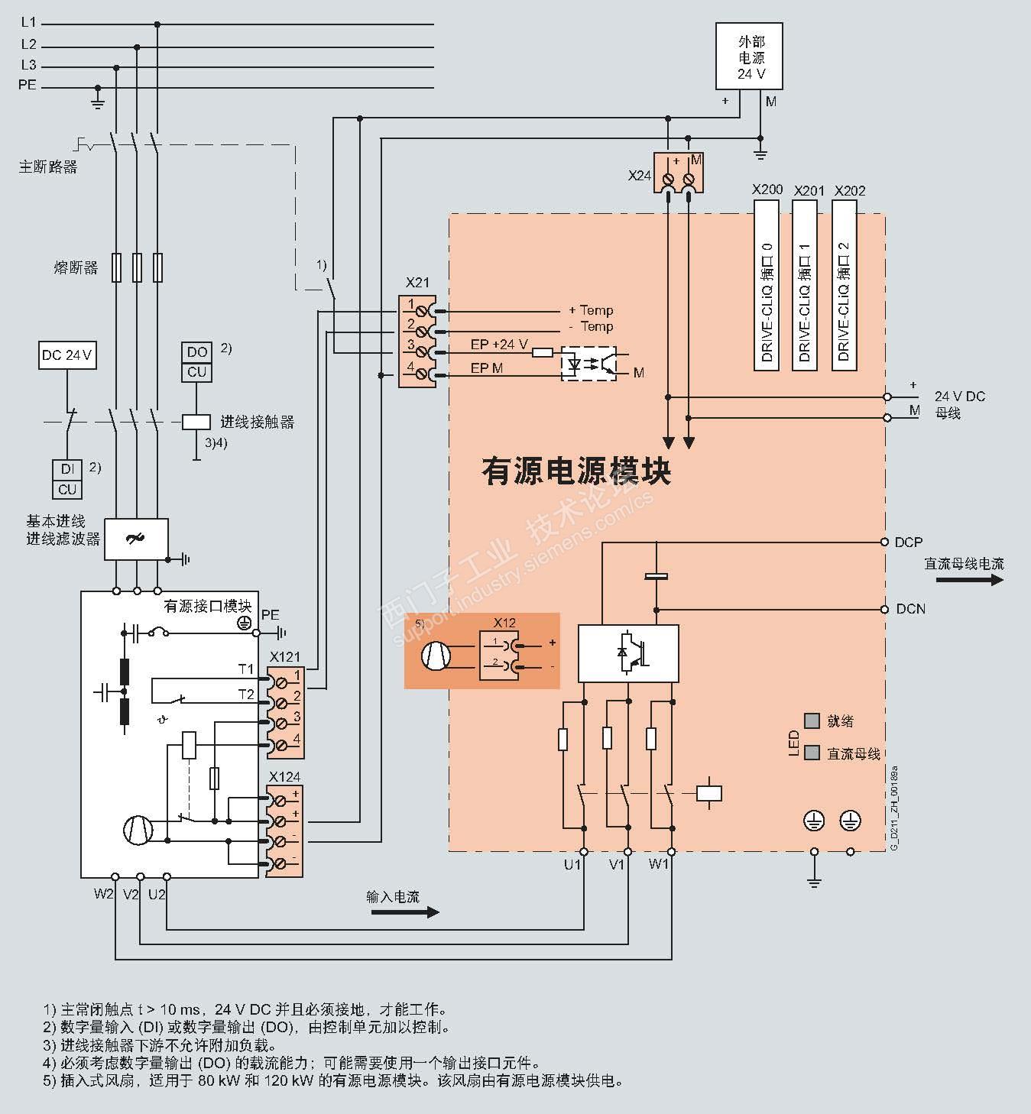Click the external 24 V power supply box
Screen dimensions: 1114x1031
point(751,57)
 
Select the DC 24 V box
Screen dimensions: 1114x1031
point(67,355)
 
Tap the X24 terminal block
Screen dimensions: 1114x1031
point(679,174)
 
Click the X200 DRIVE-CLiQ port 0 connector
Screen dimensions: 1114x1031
point(767,286)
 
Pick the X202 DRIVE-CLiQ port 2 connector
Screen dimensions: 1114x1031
point(844,286)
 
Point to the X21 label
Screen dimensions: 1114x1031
point(417,282)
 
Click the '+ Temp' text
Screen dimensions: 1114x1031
point(591,310)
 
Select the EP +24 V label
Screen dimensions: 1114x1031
point(499,345)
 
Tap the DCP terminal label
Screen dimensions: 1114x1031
point(909,542)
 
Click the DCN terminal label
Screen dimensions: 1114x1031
point(910,609)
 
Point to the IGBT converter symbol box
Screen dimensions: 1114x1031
point(628,653)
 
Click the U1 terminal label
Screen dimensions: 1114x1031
point(572,865)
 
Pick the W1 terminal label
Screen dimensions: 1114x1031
point(659,865)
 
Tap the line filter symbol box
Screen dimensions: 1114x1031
point(136,539)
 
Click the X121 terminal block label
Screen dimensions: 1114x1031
point(285,657)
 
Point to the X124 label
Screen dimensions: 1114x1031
point(285,777)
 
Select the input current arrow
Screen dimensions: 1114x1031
point(404,912)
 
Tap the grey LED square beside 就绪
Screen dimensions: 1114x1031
point(812,721)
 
